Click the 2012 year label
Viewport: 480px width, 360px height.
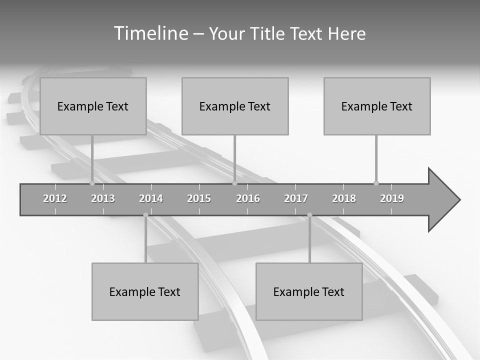[x=55, y=198]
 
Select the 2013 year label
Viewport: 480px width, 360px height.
[x=103, y=198]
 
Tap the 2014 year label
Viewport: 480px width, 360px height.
[x=151, y=198]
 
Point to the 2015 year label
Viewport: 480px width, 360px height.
[x=199, y=198]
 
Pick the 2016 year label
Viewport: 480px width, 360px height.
[x=248, y=198]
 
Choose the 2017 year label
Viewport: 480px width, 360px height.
[x=296, y=198]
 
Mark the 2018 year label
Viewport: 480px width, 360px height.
[x=344, y=198]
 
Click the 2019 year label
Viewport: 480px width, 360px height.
[x=392, y=198]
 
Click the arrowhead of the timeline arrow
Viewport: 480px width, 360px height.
[x=443, y=200]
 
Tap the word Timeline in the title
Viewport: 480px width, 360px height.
[x=150, y=33]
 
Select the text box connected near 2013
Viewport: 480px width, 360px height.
[x=93, y=106]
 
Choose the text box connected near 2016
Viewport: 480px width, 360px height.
[x=235, y=106]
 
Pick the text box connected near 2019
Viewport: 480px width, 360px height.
[x=377, y=106]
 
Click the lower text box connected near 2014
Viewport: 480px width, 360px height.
[x=145, y=291]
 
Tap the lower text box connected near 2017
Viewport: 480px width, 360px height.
[x=309, y=291]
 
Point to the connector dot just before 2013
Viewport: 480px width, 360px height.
[x=92, y=183]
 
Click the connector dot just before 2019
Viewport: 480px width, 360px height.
[x=376, y=183]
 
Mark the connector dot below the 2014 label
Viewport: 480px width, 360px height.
[x=145, y=215]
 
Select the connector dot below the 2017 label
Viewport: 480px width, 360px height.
[x=309, y=215]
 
